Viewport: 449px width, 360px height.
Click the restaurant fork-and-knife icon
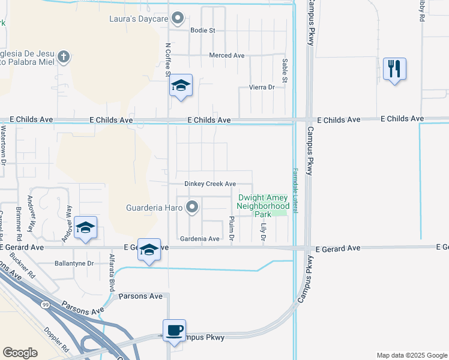point(394,69)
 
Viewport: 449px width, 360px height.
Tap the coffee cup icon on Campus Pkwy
point(175,331)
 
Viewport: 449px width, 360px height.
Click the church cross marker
point(63,57)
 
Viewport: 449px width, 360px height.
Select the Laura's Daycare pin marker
point(178,19)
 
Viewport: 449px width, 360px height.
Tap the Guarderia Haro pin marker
point(192,208)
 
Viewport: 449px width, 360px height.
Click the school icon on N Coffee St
point(180,86)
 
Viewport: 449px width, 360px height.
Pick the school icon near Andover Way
point(86,227)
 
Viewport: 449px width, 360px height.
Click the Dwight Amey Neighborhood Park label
point(263,205)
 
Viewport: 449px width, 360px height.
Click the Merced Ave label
point(226,55)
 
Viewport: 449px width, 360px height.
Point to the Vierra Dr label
point(261,88)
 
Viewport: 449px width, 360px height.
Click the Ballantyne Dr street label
point(74,263)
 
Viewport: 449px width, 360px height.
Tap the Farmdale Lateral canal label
point(295,189)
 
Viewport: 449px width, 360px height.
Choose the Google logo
point(20,352)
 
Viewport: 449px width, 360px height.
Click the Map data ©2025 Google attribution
point(412,355)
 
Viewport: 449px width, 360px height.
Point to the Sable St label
point(285,70)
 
